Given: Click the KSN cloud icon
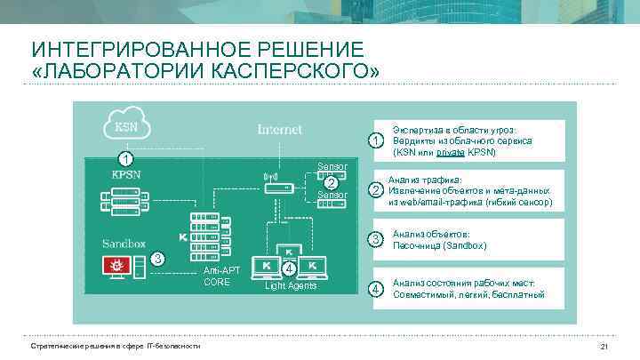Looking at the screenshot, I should (125, 126).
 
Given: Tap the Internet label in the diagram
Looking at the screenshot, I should (279, 130).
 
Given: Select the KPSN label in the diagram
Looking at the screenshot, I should (125, 175).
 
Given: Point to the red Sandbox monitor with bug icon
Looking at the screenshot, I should (116, 265).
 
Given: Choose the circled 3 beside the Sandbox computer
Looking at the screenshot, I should (156, 259).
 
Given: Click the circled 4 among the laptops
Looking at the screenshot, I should (290, 268).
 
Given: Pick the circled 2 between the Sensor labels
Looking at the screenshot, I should (331, 183).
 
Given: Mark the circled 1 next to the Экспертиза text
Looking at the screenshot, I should (377, 141).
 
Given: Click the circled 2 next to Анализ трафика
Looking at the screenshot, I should (377, 190).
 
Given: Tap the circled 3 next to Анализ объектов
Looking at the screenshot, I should (377, 239).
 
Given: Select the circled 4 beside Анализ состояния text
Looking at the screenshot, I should (377, 289).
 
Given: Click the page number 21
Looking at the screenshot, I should (604, 346).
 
